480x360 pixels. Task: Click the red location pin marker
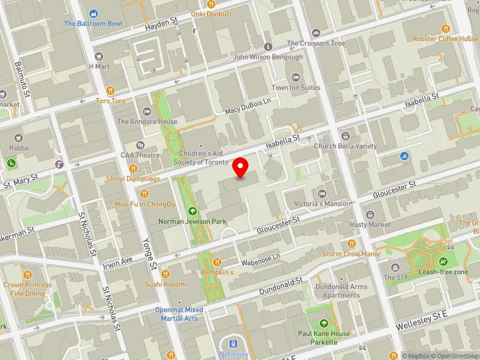(241, 168)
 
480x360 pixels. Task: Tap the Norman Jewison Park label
(192, 221)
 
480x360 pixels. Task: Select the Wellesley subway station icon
(233, 344)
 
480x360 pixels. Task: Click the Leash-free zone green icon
(443, 262)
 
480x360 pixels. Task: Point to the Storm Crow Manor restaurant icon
(352, 244)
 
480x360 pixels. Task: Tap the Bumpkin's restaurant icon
(217, 262)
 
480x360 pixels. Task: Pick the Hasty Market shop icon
(370, 215)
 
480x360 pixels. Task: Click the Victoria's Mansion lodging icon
(322, 194)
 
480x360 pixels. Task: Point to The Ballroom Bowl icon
(94, 14)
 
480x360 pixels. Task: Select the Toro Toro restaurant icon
(111, 91)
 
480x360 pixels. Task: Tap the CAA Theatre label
(140, 155)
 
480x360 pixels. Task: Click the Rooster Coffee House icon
(445, 28)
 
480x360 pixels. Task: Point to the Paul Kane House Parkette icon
(324, 323)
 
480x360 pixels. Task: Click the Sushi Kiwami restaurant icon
(166, 274)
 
